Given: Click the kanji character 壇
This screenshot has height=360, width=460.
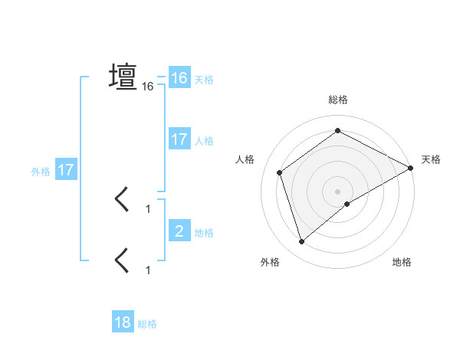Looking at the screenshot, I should coord(123,77).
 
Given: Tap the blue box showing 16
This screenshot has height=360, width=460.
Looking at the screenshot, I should coord(179,78).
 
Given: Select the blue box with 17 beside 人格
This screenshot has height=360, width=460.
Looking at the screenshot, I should coord(179,139).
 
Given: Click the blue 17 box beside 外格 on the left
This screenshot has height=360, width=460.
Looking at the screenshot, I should coord(65,170).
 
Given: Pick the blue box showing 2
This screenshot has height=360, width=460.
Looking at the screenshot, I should coord(179,231).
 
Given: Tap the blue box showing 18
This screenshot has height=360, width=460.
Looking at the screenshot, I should coord(123,322).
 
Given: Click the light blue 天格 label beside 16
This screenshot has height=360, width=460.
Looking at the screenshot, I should coord(204,80).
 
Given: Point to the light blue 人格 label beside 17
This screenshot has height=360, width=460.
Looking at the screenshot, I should coord(204,141).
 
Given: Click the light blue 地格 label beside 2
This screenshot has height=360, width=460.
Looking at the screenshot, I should coord(204,233).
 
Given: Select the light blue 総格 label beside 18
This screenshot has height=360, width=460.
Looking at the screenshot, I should coord(147,324).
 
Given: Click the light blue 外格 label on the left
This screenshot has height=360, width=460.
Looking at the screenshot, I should coord(41,172).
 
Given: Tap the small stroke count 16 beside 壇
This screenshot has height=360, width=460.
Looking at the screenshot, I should coord(148,87).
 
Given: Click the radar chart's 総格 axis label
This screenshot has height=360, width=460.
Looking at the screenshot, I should coord(338,100).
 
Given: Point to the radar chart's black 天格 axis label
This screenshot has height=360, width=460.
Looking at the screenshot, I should coord(431,159).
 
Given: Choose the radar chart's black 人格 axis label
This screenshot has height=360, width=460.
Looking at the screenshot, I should coord(245,159).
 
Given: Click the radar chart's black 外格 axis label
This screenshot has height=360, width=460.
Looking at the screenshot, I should coord(270,262).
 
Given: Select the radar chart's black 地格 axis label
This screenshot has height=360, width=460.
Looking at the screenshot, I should coord(402,262).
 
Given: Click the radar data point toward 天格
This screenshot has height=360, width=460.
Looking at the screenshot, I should coord(411,168).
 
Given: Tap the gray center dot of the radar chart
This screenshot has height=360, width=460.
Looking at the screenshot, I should coord(338,191).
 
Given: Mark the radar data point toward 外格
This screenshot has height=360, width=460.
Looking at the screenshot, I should coord(301,242).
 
